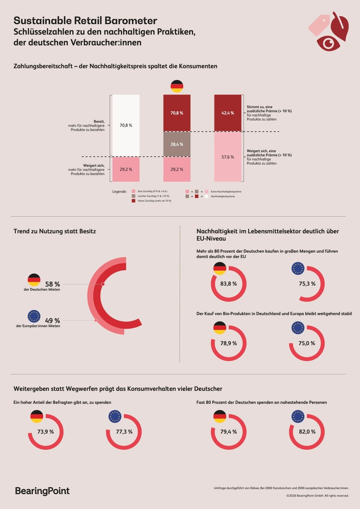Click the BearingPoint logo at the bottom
pyautogui.click(x=42, y=491)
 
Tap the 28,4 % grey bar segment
pyautogui.click(x=177, y=144)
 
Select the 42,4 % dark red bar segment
pyautogui.click(x=228, y=113)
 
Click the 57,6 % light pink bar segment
pyautogui.click(x=228, y=157)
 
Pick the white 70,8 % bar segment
pyautogui.click(x=126, y=126)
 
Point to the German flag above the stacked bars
pyautogui.click(x=177, y=86)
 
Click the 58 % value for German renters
pyautogui.click(x=53, y=284)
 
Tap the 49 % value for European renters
pyautogui.click(x=53, y=320)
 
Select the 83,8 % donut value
pyautogui.click(x=228, y=284)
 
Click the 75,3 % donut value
pyautogui.click(x=307, y=284)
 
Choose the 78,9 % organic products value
pyautogui.click(x=228, y=344)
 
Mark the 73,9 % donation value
pyautogui.click(x=45, y=431)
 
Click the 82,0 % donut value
pyautogui.click(x=307, y=431)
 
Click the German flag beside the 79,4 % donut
pyautogui.click(x=219, y=417)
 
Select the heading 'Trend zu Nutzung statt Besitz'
pyautogui.click(x=55, y=231)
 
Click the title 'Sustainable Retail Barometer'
pyautogui.click(x=85, y=20)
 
